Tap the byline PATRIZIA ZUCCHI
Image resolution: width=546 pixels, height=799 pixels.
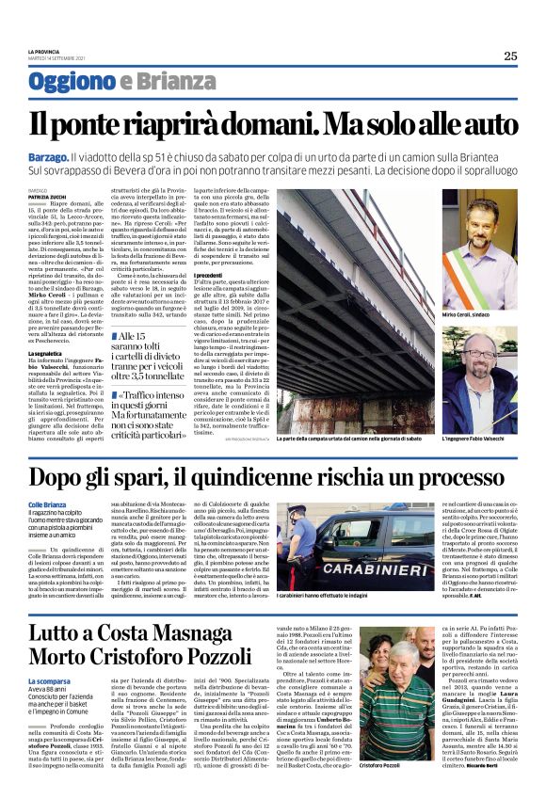44,195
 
